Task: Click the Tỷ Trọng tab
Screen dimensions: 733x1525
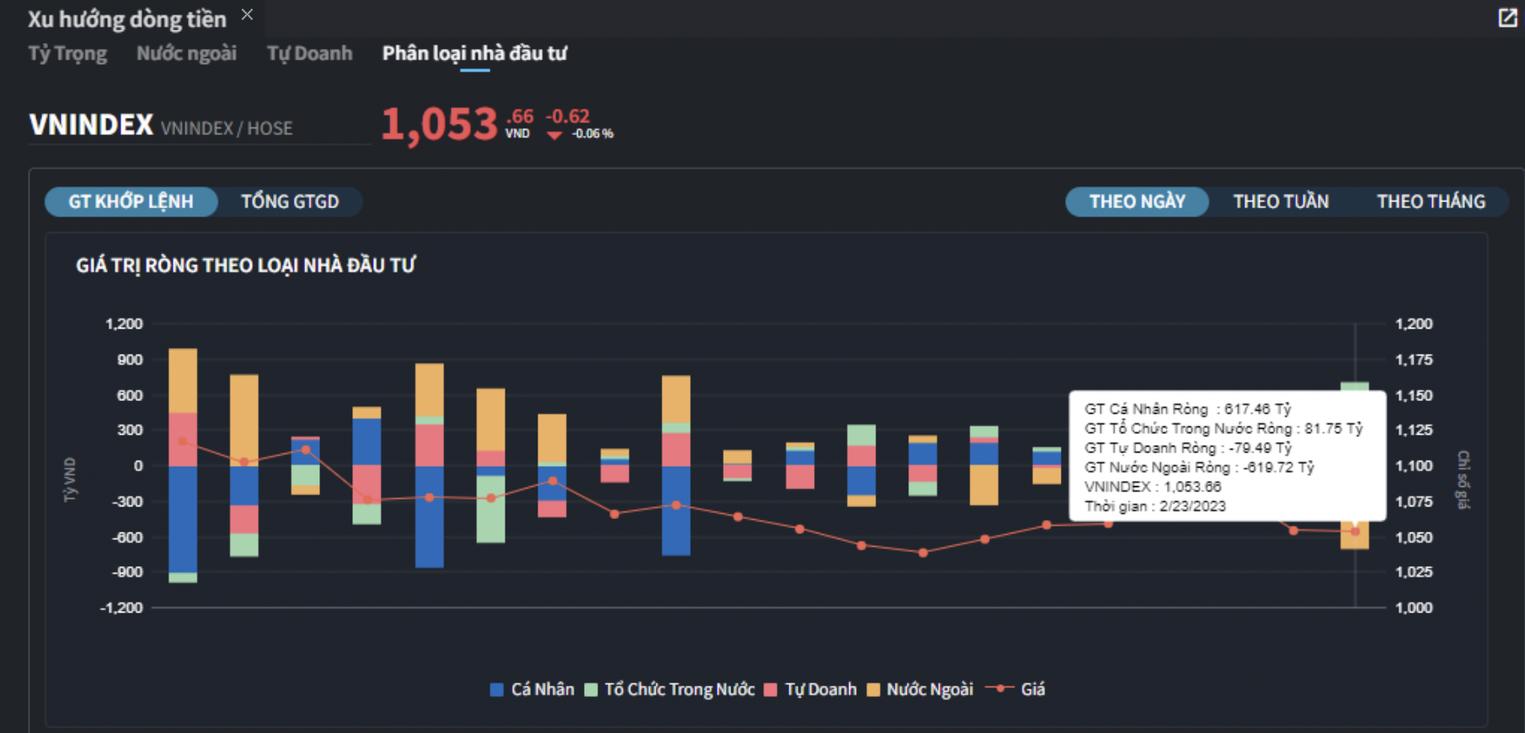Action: [67, 53]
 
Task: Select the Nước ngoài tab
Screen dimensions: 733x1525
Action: [186, 53]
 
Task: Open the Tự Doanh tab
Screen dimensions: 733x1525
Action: [309, 53]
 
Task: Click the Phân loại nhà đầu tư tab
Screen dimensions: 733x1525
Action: [474, 53]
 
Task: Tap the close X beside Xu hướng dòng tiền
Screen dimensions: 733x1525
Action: [247, 14]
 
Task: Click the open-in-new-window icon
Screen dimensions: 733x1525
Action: [1507, 18]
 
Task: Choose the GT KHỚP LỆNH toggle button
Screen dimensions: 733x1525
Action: [131, 201]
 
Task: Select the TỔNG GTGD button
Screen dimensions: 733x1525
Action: [290, 201]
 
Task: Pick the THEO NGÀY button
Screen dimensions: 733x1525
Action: [1137, 201]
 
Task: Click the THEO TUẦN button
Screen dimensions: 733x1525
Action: [1281, 201]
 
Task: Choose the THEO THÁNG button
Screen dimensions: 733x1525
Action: [1431, 201]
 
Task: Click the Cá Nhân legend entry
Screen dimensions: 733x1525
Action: [532, 689]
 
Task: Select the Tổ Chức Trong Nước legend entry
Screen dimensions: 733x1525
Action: [671, 689]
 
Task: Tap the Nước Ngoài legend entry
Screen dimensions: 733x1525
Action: [920, 689]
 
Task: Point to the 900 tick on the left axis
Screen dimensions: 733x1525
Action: [130, 360]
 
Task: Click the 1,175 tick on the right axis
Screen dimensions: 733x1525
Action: [1414, 360]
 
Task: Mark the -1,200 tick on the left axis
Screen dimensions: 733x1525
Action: [121, 607]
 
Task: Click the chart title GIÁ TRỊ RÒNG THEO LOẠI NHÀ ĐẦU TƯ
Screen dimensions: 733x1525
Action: [245, 265]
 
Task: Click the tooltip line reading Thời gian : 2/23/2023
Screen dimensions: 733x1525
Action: [1155, 506]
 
